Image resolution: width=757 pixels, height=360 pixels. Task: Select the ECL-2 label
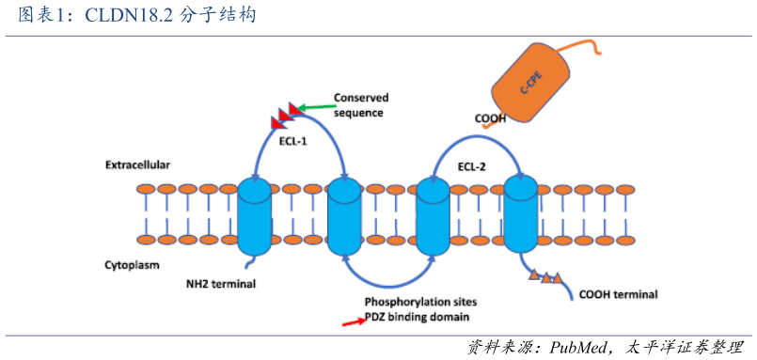click(x=472, y=167)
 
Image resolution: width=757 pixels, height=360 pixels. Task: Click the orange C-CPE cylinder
click(x=532, y=85)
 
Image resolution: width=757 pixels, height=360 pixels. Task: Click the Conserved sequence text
click(x=360, y=105)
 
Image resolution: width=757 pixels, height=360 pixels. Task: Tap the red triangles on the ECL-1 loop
click(x=285, y=115)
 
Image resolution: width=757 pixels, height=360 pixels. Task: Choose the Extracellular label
click(x=137, y=164)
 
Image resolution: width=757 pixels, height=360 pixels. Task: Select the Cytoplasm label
click(x=131, y=266)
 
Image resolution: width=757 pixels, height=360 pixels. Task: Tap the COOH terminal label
click(x=618, y=294)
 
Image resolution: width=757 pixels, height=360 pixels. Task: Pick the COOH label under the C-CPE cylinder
click(x=489, y=119)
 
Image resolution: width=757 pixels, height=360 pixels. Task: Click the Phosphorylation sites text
click(x=420, y=302)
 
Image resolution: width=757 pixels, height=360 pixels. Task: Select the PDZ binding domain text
click(x=417, y=318)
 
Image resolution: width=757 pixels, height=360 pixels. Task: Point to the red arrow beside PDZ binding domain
click(x=353, y=321)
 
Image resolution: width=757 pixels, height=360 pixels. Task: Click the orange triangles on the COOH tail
click(x=545, y=276)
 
